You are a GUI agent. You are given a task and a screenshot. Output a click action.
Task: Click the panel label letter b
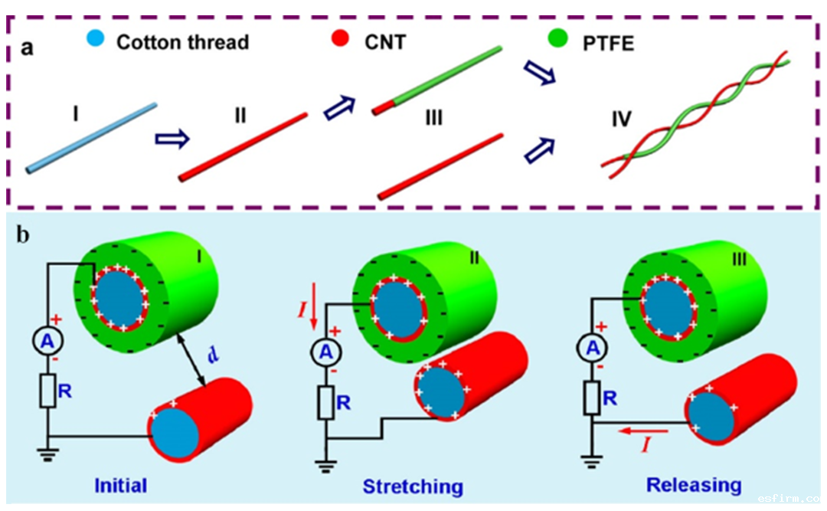click(24, 234)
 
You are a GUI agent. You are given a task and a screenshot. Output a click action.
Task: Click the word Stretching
click(413, 486)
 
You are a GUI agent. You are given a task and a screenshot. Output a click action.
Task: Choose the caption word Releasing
click(694, 484)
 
